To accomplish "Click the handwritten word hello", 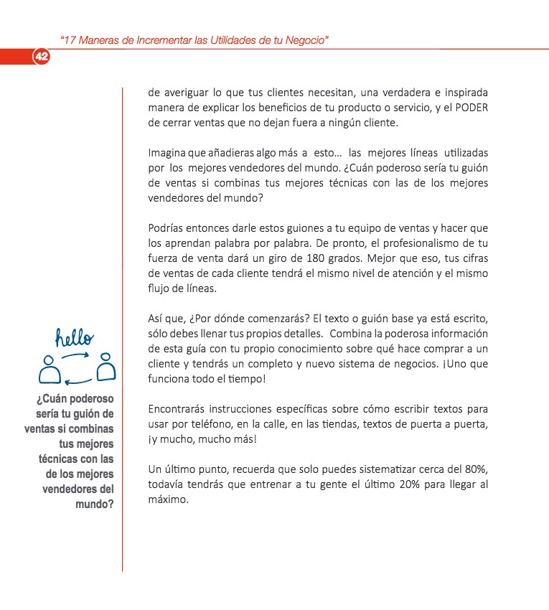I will pyautogui.click(x=75, y=337).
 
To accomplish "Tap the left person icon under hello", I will pyautogui.click(x=49, y=368).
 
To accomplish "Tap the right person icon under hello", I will pyautogui.click(x=105, y=368).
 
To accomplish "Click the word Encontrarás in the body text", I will pyautogui.click(x=179, y=410).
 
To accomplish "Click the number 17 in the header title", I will pyautogui.click(x=69, y=40).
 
